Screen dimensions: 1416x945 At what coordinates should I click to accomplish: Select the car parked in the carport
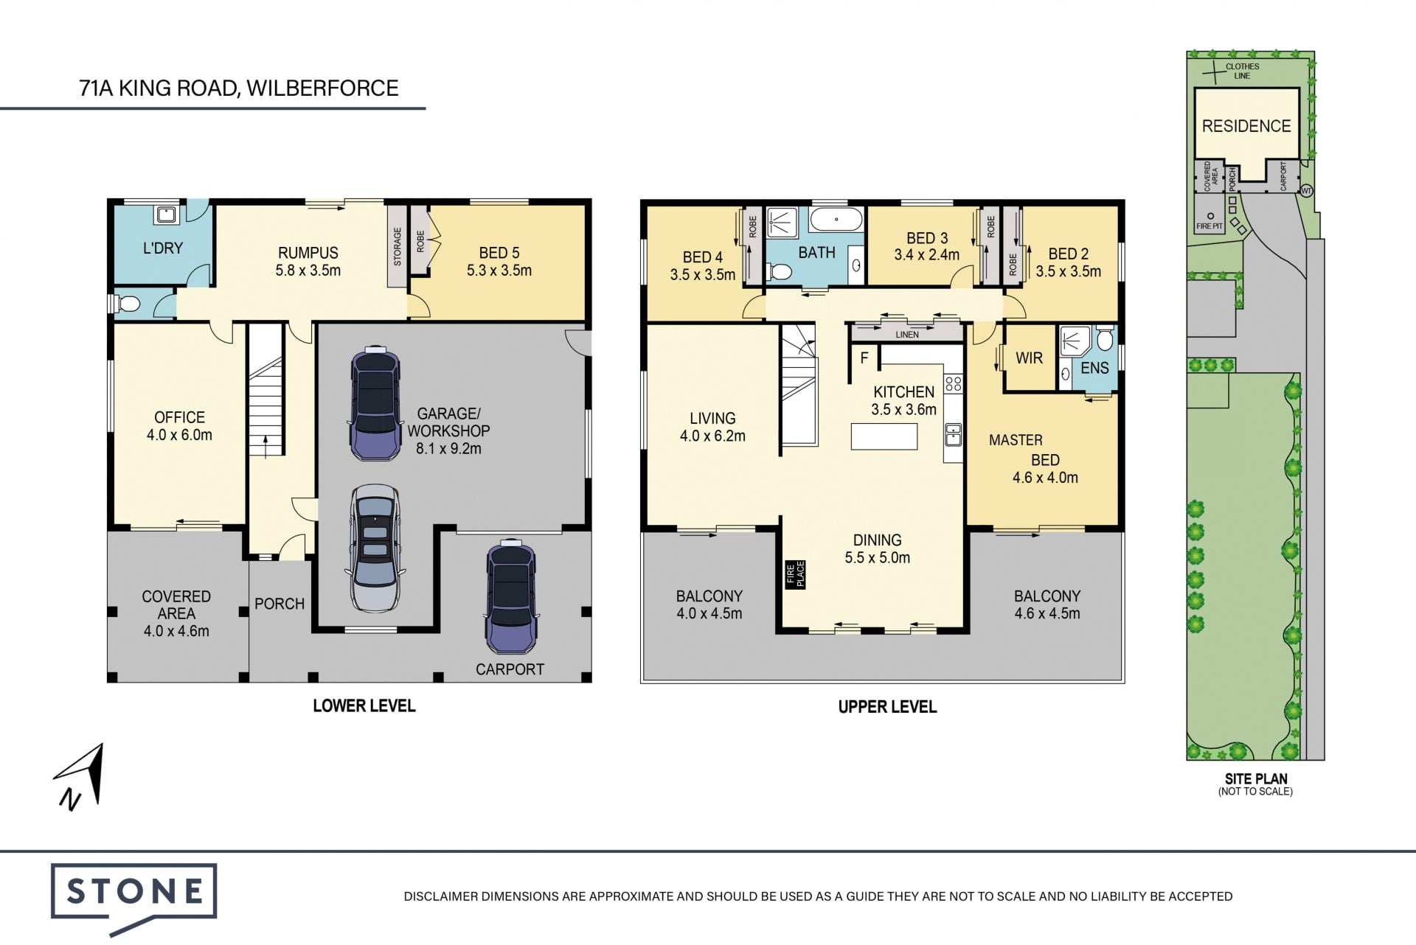[x=510, y=596]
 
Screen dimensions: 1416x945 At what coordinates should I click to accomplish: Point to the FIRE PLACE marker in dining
[x=795, y=574]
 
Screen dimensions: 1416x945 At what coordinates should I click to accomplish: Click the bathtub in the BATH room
[x=836, y=219]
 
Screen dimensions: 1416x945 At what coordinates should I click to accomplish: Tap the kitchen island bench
[x=884, y=436]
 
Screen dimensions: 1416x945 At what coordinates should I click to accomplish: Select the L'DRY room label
[x=163, y=248]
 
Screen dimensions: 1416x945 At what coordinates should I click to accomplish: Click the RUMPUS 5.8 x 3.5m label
[x=308, y=262]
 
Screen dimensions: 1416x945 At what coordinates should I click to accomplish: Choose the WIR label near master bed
[x=1029, y=358]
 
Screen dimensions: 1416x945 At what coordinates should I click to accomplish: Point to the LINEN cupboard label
[x=907, y=335]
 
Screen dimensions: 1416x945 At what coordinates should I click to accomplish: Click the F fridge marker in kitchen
[x=864, y=358]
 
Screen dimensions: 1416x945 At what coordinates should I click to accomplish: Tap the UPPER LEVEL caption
[x=887, y=707]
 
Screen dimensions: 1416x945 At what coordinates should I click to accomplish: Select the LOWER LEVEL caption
[x=364, y=705]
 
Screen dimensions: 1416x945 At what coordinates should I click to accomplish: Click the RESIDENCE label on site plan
[x=1246, y=126]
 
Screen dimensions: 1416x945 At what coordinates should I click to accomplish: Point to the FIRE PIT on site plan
[x=1209, y=221]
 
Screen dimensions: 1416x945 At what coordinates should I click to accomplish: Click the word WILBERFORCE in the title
[x=322, y=88]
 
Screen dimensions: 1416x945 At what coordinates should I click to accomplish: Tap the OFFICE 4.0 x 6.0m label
[x=179, y=426]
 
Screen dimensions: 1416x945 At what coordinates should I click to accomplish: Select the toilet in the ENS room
[x=1104, y=340]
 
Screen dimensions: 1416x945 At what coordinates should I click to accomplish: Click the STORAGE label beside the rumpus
[x=398, y=246]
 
